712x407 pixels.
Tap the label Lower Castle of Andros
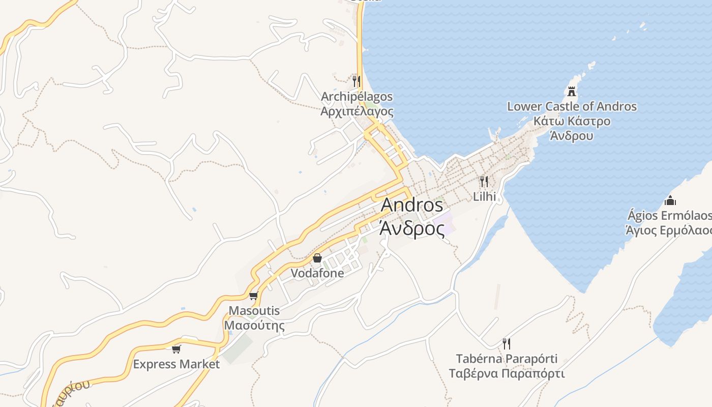tap(572, 107)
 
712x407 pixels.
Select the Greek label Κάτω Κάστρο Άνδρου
tap(572, 129)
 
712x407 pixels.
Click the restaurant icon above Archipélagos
tap(357, 81)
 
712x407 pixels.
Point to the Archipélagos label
tap(357, 97)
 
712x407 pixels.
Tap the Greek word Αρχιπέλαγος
tap(357, 111)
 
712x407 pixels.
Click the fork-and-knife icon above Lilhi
tap(484, 181)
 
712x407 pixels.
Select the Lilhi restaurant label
tap(484, 196)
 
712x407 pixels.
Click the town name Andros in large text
tap(411, 205)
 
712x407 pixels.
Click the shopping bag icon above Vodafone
tap(317, 258)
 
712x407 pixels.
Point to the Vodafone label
tap(317, 273)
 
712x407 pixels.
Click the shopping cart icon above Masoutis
tap(254, 296)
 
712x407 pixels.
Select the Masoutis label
tap(254, 310)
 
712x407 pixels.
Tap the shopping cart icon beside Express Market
tap(176, 349)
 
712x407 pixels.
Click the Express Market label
tap(176, 364)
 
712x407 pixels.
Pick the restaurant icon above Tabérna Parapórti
tap(506, 343)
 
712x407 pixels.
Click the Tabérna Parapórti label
tap(507, 359)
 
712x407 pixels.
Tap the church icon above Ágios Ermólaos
tap(670, 200)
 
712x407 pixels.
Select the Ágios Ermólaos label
tap(669, 216)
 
